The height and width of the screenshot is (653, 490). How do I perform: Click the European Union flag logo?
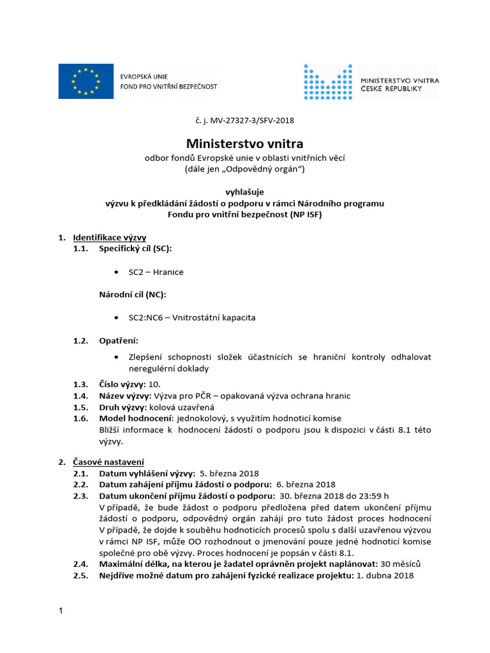(86, 81)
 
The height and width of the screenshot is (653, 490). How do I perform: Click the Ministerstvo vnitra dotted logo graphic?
(328, 81)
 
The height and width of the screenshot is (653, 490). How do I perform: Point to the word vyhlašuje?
(244, 191)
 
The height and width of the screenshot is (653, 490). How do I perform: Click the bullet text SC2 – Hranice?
(156, 272)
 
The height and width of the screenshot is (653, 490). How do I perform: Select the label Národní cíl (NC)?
(131, 295)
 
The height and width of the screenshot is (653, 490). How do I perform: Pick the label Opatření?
(118, 341)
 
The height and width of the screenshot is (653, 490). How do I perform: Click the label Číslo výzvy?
(122, 384)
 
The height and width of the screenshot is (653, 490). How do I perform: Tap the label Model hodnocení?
(135, 418)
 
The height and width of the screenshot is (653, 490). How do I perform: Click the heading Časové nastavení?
(108, 462)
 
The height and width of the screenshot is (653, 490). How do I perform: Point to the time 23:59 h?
(372, 496)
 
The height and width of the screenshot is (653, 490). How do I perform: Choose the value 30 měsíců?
(400, 564)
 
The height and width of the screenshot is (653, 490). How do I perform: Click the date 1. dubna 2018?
(385, 576)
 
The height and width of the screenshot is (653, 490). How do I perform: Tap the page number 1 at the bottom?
(61, 612)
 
